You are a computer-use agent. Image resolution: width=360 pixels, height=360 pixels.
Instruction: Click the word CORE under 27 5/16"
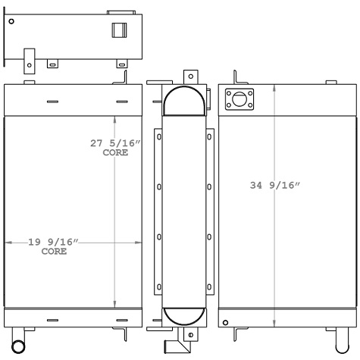click(x=115, y=152)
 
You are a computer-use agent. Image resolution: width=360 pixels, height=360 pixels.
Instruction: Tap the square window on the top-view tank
click(x=119, y=30)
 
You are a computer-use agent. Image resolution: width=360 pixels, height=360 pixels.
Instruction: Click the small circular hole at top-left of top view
click(x=11, y=22)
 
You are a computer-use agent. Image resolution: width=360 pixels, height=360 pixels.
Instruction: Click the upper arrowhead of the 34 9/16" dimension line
click(x=274, y=87)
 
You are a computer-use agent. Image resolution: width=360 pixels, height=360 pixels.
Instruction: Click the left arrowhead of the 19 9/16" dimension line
click(x=8, y=243)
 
